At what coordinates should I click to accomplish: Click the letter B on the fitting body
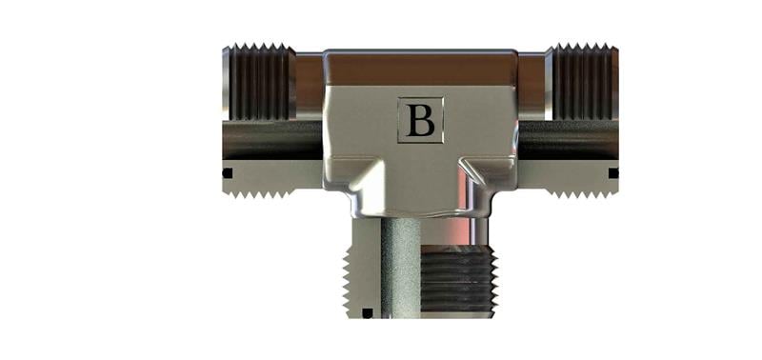tap(420, 121)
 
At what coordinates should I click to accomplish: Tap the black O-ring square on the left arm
tap(227, 173)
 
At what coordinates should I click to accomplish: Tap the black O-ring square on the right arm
tap(613, 173)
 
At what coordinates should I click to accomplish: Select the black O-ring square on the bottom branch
tap(368, 313)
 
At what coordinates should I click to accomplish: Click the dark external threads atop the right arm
tap(582, 82)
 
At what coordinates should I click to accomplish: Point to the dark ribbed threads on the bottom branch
tap(456, 279)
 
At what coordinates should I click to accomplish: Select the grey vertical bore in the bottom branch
tap(400, 268)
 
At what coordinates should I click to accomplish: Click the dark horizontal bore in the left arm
tap(272, 140)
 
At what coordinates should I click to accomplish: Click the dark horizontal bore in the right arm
tap(569, 140)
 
